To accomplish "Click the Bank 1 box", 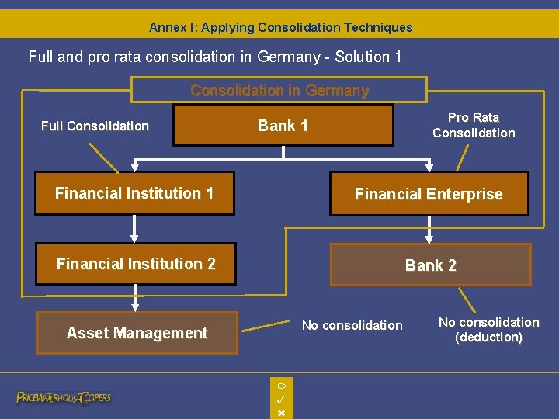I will coord(283,126).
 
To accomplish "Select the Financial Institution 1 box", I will coord(134,193).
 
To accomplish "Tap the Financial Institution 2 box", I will coord(136,264).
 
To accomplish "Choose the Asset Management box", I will coord(137,333).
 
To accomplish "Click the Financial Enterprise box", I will coord(429,194).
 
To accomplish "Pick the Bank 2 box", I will coord(431,265).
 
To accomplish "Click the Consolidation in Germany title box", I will coord(279,90).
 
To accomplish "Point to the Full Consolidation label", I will coord(95,126).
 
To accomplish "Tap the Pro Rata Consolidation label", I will coord(474,125).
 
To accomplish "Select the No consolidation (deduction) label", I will coord(488,329).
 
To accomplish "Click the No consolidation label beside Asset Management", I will coord(352,325).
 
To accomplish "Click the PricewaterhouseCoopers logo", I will coord(64,397).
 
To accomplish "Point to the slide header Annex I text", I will coord(280,27).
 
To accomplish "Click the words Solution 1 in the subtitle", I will coord(367,57).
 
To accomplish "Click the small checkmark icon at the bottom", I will coord(281,399).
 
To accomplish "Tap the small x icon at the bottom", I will coord(281,413).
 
